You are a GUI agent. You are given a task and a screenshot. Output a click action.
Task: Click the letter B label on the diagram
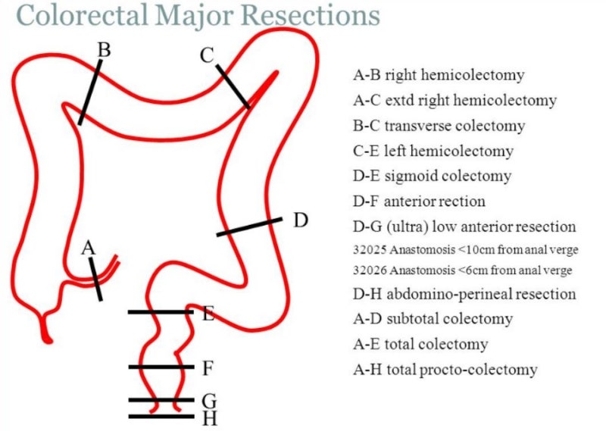click(105, 50)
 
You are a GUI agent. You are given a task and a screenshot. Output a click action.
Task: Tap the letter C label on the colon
click(208, 55)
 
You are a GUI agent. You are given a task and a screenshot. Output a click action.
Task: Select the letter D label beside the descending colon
click(301, 220)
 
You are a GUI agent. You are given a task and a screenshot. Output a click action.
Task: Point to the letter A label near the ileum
click(89, 248)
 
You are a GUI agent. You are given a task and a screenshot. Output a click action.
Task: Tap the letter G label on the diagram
click(210, 399)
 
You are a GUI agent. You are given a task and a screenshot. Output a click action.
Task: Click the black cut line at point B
click(89, 94)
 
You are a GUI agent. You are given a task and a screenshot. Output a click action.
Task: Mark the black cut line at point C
click(233, 86)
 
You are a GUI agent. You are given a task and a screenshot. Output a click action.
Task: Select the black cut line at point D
click(249, 227)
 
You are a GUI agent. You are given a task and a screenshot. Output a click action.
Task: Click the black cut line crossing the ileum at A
click(95, 280)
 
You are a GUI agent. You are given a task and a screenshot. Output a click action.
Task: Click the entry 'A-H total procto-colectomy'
click(445, 370)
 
